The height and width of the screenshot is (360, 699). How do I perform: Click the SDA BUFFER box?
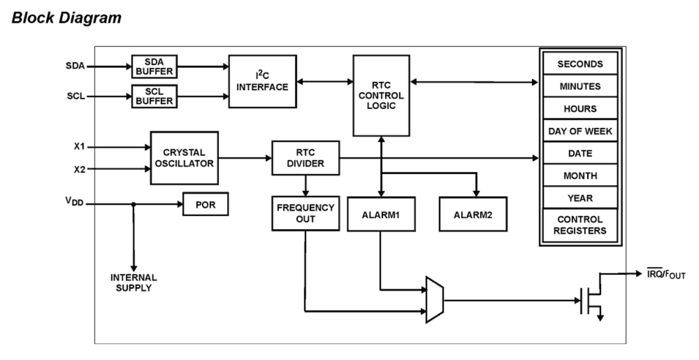(153, 66)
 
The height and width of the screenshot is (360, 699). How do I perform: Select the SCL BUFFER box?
(153, 96)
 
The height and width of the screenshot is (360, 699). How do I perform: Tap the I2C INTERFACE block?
(262, 81)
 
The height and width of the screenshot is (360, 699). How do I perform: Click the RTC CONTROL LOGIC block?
(381, 95)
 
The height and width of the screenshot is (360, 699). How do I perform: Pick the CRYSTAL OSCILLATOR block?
(184, 158)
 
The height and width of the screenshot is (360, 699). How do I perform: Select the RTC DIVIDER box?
(305, 158)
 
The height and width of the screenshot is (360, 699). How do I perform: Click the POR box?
(205, 204)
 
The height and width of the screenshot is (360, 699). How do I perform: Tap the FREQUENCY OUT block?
(305, 213)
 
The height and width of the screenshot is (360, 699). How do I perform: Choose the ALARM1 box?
(381, 214)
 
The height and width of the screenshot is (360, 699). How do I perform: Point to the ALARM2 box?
(472, 214)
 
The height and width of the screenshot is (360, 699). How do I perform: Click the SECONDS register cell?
(580, 64)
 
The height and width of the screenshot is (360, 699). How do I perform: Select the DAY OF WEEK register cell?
(580, 131)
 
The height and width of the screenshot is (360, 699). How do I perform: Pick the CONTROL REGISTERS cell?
(580, 225)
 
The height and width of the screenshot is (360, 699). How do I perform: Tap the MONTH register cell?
(580, 176)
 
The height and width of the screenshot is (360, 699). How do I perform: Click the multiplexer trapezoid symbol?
(434, 299)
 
